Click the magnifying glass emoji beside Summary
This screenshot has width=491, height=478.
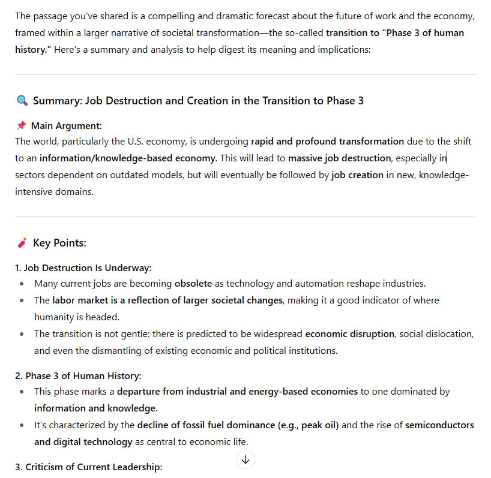[x=22, y=101]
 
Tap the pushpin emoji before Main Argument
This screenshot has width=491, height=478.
[x=21, y=125]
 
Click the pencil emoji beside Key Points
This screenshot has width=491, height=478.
[x=22, y=243]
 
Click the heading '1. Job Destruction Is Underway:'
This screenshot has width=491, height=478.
[x=83, y=267]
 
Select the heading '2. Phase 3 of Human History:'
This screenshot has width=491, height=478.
[x=78, y=376]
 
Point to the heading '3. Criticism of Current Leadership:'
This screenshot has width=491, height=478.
[x=89, y=467]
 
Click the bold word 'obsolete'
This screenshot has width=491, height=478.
[x=193, y=283]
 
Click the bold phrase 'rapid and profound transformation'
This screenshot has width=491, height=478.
[x=327, y=142]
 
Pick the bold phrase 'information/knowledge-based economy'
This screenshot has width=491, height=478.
[x=127, y=158]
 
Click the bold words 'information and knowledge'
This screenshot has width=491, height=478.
[x=95, y=408]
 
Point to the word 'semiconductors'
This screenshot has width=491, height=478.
[x=439, y=425]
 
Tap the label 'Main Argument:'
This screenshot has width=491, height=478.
[x=66, y=125]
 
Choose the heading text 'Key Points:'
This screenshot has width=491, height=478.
[x=59, y=243]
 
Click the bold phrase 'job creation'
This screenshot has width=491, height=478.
[x=357, y=176]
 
